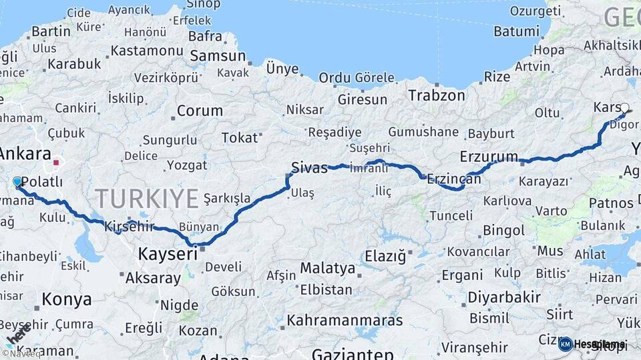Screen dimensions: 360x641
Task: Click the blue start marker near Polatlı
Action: tap(17, 181)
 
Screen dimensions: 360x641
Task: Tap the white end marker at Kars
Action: tap(624, 107)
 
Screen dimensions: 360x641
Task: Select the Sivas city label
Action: tap(309, 167)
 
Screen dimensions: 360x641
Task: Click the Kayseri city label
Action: tap(168, 253)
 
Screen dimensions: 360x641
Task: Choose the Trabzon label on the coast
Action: tap(437, 95)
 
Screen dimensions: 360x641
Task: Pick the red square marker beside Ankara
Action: tap(57, 161)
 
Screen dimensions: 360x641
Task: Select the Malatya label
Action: tap(327, 268)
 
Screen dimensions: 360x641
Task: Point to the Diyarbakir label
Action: tap(503, 297)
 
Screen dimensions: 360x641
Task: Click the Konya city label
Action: tap(66, 299)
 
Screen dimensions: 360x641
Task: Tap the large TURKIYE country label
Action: tap(147, 198)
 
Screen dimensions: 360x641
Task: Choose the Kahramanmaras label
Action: tap(345, 320)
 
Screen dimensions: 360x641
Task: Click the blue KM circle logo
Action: tap(565, 344)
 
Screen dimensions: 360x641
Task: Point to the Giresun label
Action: tap(363, 99)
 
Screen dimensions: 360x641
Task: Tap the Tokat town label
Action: tap(239, 137)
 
